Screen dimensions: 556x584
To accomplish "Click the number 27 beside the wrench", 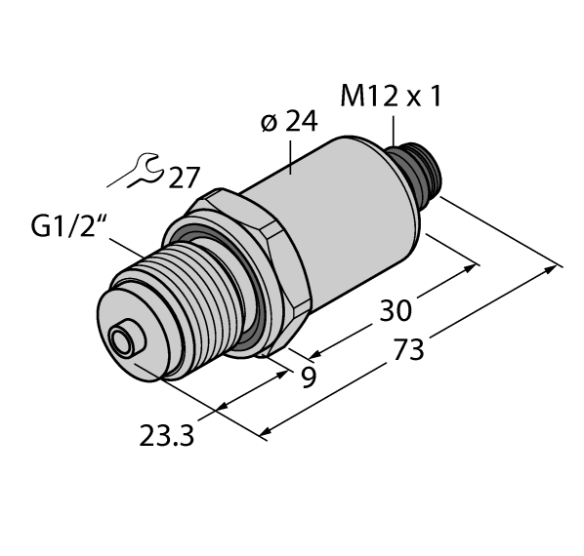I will click(x=183, y=179).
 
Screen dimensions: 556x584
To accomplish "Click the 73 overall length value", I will click(x=408, y=349).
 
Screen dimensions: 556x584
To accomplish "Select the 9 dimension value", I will click(x=309, y=377).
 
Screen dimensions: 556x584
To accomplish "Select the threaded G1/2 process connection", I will click(x=186, y=302).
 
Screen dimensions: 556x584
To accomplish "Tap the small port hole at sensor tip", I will click(x=123, y=342).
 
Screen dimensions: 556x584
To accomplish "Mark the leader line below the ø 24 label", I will click(x=293, y=155).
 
